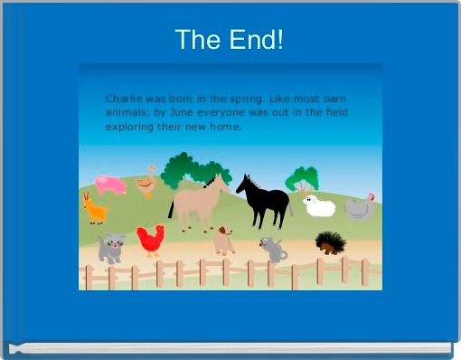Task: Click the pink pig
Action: point(111,185)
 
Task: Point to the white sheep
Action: point(319,206)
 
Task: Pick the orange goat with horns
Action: point(94,210)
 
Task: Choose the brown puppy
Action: point(223,241)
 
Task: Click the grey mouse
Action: point(272,248)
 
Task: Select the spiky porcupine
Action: point(329,242)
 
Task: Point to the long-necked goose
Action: point(146,182)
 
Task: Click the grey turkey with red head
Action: point(359,207)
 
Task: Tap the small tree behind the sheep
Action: point(302,178)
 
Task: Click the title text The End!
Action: point(230,40)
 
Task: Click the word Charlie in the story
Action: point(122,98)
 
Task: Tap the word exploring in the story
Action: point(129,127)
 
